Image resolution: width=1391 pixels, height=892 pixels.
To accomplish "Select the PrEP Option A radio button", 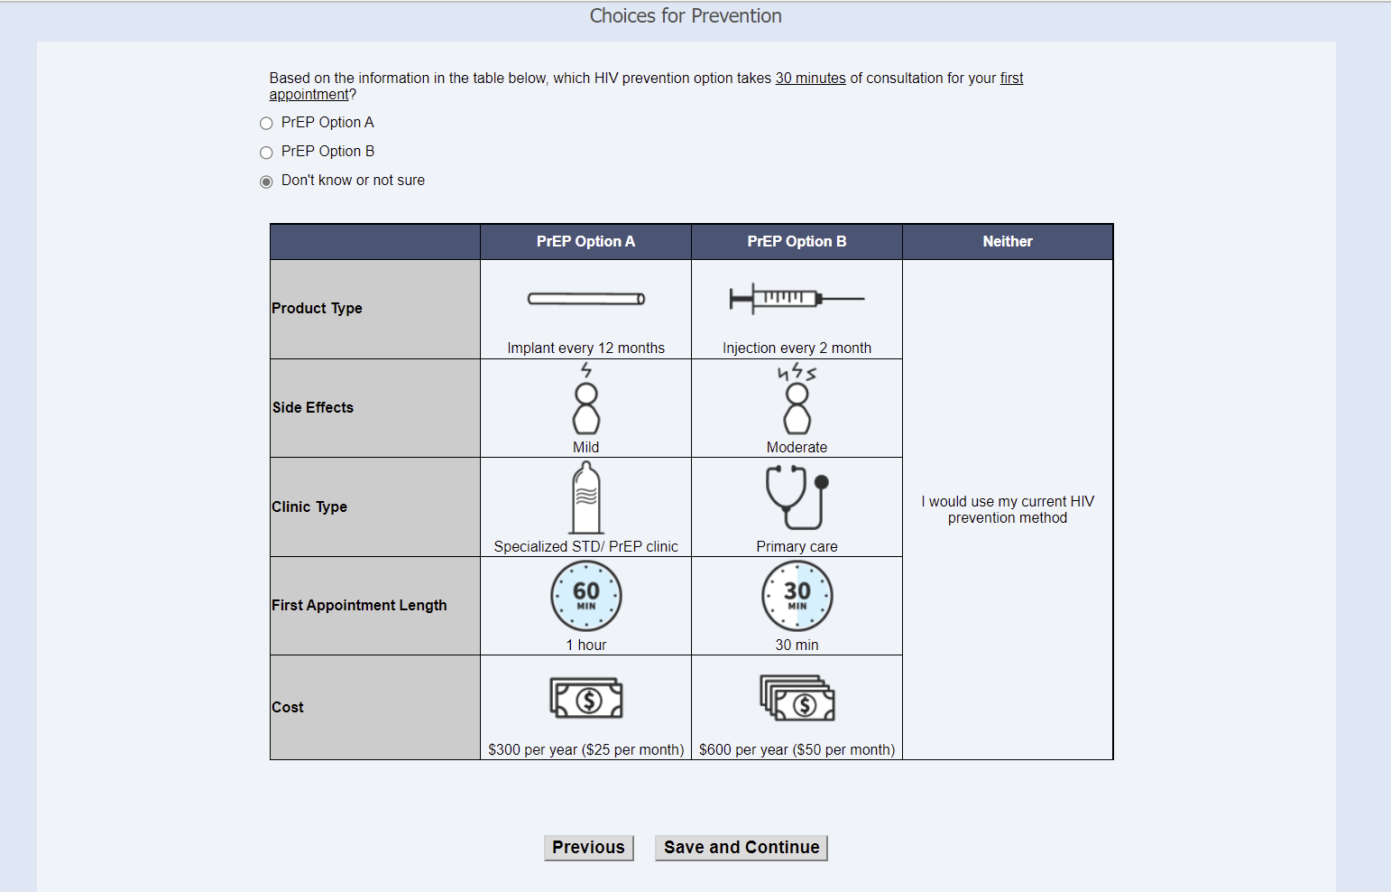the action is pos(266,123).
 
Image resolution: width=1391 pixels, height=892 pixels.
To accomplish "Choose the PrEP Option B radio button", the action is pos(266,153).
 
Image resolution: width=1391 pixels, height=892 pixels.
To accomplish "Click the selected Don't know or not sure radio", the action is pos(266,181).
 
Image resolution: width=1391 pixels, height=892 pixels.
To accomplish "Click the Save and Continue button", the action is pos(741,847).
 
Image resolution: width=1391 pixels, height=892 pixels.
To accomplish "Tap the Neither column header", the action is pos(1008,241).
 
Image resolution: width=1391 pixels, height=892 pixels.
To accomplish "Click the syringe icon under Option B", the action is pos(797,299).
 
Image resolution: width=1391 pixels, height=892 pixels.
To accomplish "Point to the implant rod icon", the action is pos(586,299).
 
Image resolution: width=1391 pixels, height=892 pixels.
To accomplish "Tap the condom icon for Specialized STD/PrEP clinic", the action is pos(586,497).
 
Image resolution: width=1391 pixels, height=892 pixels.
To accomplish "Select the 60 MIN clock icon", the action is pos(586,596).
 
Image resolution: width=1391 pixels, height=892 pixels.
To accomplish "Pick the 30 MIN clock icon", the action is pos(797,596).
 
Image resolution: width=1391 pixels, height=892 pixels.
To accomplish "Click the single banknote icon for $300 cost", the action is pos(586,698).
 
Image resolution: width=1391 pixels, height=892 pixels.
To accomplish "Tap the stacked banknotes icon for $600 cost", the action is pos(797,698).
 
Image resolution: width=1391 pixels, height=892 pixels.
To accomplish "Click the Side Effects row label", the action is pos(312,407).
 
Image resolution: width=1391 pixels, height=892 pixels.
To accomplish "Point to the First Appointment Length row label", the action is pos(359,605).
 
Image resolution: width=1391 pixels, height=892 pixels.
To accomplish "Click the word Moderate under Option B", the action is pos(797,447).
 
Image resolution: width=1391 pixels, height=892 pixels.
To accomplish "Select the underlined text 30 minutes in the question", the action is pos(810,79).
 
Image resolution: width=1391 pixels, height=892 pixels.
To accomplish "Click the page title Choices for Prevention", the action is pos(686,15).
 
